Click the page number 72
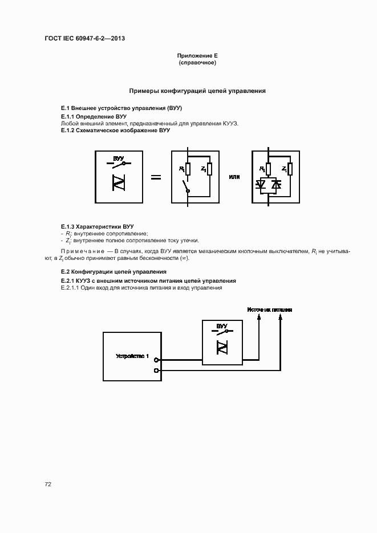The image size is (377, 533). tap(48, 484)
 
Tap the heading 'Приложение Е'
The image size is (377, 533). tap(197, 55)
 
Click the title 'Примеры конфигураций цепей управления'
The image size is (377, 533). tap(197, 91)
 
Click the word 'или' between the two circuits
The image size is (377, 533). tap(234, 177)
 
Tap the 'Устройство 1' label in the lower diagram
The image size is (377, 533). tap(132, 356)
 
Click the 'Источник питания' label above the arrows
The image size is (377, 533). tap(270, 310)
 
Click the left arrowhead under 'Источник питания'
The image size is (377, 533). tap(260, 319)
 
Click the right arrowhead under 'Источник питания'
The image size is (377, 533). tap(279, 319)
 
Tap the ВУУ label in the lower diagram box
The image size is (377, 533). tap(221, 326)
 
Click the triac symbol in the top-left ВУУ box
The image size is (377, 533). tap(119, 182)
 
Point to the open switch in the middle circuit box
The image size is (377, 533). tap(185, 186)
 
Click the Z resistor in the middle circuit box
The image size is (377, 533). tap(209, 169)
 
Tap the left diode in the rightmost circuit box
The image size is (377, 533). tap(263, 185)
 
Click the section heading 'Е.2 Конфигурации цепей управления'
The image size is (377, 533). tap(113, 271)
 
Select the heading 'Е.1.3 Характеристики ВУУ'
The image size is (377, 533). tap(98, 226)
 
